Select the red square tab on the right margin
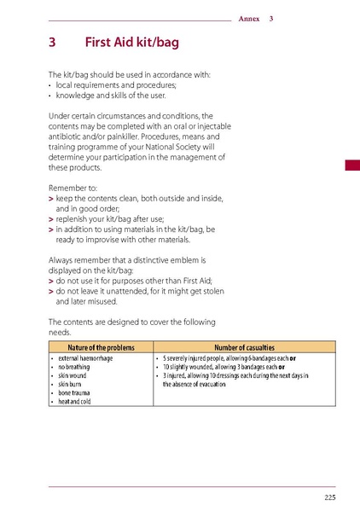click(x=351, y=166)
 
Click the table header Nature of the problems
click(x=99, y=347)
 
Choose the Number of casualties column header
click(x=244, y=347)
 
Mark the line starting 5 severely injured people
click(x=230, y=358)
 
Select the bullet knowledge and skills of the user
click(x=119, y=96)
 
